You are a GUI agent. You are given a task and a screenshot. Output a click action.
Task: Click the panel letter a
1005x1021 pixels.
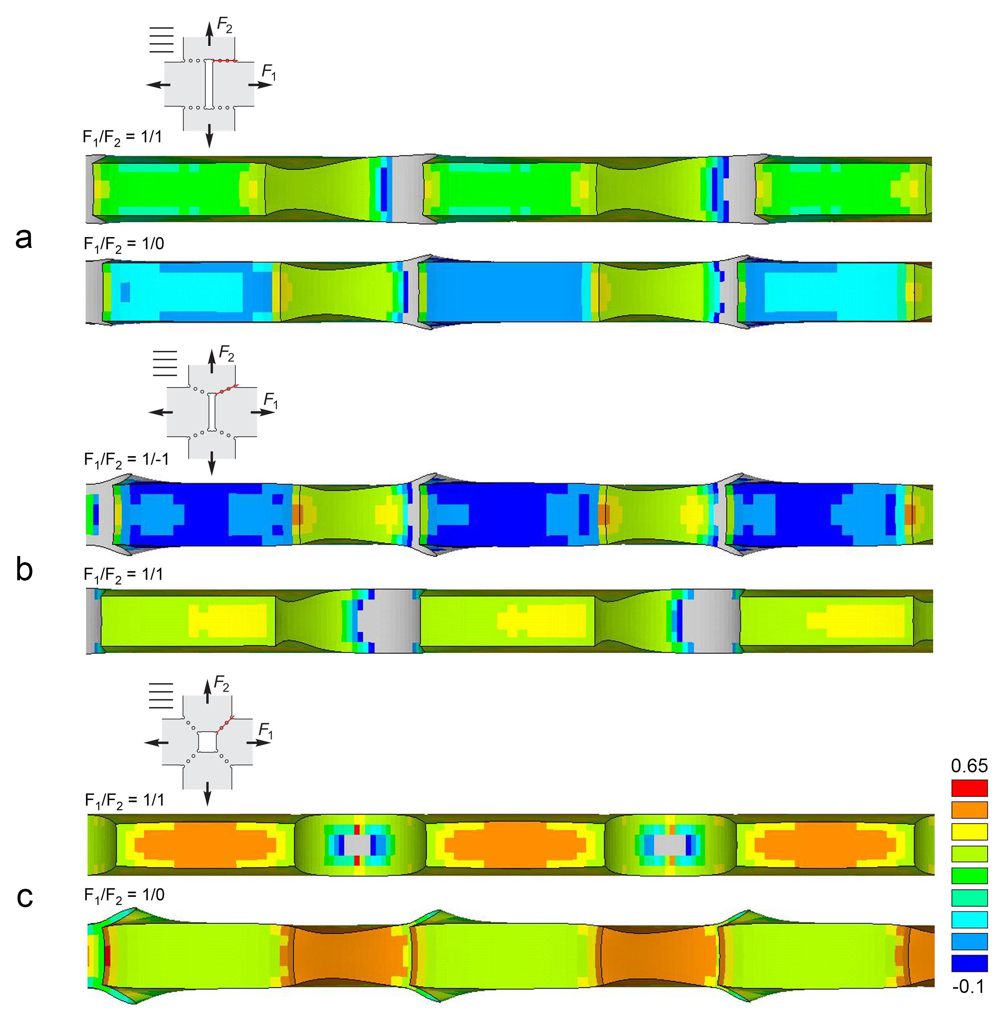(x=24, y=238)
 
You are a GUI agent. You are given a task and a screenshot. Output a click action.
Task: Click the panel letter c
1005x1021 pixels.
(x=25, y=897)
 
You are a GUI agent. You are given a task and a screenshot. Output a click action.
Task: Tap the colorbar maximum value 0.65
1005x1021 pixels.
(x=969, y=765)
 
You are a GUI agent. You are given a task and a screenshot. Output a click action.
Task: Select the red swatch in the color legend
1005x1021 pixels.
(x=969, y=788)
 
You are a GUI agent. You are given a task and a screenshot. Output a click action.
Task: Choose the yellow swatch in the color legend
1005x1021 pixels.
(x=969, y=832)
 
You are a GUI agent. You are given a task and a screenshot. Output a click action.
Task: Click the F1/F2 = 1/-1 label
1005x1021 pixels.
(x=127, y=460)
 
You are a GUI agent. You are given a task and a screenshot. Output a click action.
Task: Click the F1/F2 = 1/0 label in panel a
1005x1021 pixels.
(x=124, y=244)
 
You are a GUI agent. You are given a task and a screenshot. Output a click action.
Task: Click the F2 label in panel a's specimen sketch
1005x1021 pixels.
(x=225, y=25)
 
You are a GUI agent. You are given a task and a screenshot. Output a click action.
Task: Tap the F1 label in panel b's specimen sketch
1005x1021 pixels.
(x=271, y=401)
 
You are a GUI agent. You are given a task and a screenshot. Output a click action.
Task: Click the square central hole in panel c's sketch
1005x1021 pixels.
(x=207, y=741)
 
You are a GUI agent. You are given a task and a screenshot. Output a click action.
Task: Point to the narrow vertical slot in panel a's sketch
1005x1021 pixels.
(x=209, y=85)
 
